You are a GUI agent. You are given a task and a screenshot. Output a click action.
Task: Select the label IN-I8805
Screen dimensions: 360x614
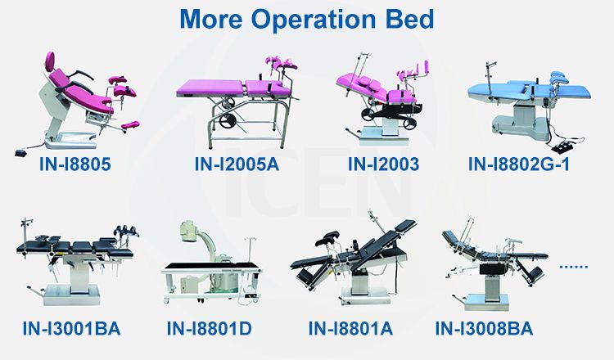click(x=74, y=165)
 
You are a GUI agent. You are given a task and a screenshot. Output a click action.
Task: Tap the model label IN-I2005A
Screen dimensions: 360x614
click(x=237, y=165)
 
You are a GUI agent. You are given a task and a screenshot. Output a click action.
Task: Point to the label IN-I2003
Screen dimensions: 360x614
click(x=383, y=165)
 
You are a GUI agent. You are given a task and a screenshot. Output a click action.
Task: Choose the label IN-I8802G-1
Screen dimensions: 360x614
click(x=530, y=165)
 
